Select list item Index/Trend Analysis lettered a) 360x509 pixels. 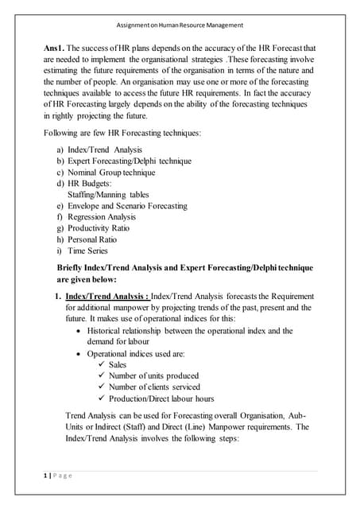[105, 150]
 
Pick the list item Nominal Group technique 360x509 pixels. [111, 172]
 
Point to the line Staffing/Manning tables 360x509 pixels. [108, 194]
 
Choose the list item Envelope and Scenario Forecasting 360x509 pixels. [127, 205]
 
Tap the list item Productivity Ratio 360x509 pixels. [99, 227]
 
